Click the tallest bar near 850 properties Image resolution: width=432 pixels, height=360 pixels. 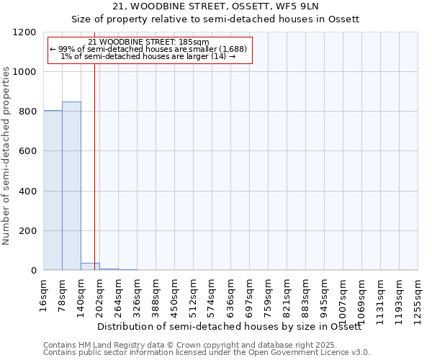coord(71,186)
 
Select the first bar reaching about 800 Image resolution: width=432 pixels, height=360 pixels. coord(53,190)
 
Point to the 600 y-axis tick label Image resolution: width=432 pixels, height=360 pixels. coord(28,151)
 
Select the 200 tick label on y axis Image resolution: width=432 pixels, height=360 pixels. coord(28,231)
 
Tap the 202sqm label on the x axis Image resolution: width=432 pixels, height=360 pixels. coord(100,294)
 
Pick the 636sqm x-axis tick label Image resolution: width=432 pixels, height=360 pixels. coord(231,294)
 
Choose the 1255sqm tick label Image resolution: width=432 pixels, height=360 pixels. coord(418,297)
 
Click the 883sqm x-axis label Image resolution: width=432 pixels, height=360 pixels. coord(306,294)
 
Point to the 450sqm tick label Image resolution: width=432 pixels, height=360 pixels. coord(175,294)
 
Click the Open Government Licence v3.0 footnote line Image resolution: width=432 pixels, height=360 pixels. coord(207,353)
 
